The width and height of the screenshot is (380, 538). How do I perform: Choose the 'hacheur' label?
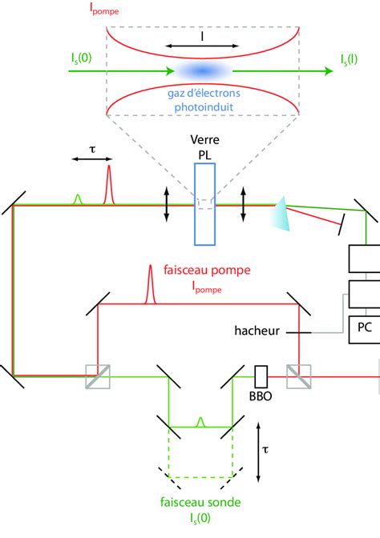pos(256,329)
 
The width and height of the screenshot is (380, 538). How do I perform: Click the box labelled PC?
pos(362,328)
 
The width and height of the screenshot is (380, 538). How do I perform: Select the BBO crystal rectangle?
pos(260,375)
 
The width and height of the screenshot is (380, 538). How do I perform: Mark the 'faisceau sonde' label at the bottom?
pos(197,505)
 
